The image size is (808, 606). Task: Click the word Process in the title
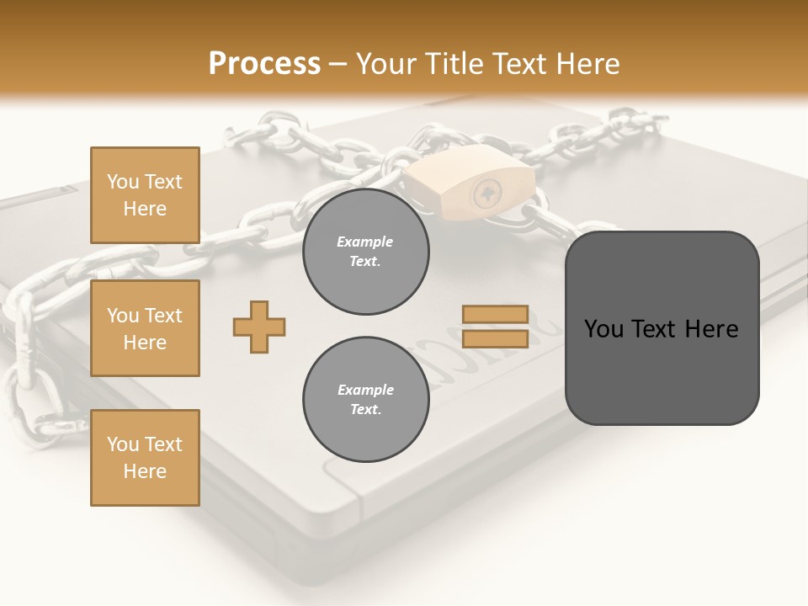[264, 64]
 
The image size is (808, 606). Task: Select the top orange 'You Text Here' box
[145, 195]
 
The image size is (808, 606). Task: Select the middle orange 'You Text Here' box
[145, 328]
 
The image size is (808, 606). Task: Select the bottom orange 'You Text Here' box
[145, 458]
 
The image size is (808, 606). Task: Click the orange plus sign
[259, 327]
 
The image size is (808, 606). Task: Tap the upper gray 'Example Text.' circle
[365, 252]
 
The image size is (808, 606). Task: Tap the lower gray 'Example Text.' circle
[365, 400]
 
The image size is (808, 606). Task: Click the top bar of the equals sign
[495, 314]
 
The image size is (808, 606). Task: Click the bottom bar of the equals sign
[495, 338]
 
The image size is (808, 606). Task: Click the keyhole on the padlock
[486, 193]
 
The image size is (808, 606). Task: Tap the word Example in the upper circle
[365, 242]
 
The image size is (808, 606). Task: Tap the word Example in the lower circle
[365, 390]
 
